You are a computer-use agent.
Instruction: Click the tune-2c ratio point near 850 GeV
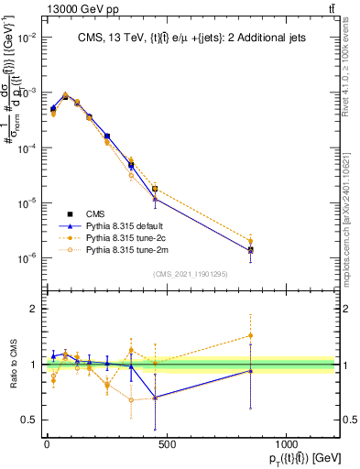point(250,335)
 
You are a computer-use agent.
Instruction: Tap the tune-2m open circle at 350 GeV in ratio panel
point(131,399)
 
